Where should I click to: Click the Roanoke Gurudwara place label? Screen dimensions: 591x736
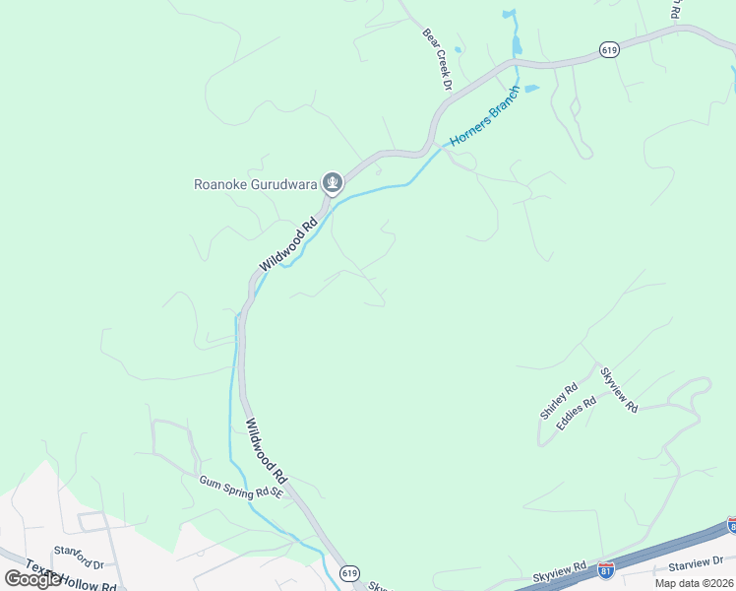(x=257, y=183)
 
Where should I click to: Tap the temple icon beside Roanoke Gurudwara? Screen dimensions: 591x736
(x=334, y=182)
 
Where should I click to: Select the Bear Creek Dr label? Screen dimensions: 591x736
(x=437, y=60)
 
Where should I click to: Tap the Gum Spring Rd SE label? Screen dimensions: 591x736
(x=240, y=486)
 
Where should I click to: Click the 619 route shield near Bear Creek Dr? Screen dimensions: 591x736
(x=609, y=50)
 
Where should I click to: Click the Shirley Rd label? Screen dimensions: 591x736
(x=558, y=401)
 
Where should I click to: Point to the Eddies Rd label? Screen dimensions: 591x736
(x=577, y=413)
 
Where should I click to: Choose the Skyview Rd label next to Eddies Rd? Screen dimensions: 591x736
(x=619, y=389)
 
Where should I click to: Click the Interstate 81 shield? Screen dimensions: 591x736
(x=606, y=570)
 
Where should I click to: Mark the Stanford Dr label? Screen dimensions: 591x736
(x=79, y=558)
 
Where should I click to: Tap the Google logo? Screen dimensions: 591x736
(x=32, y=579)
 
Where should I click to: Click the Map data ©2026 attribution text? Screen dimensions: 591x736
(x=693, y=583)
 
